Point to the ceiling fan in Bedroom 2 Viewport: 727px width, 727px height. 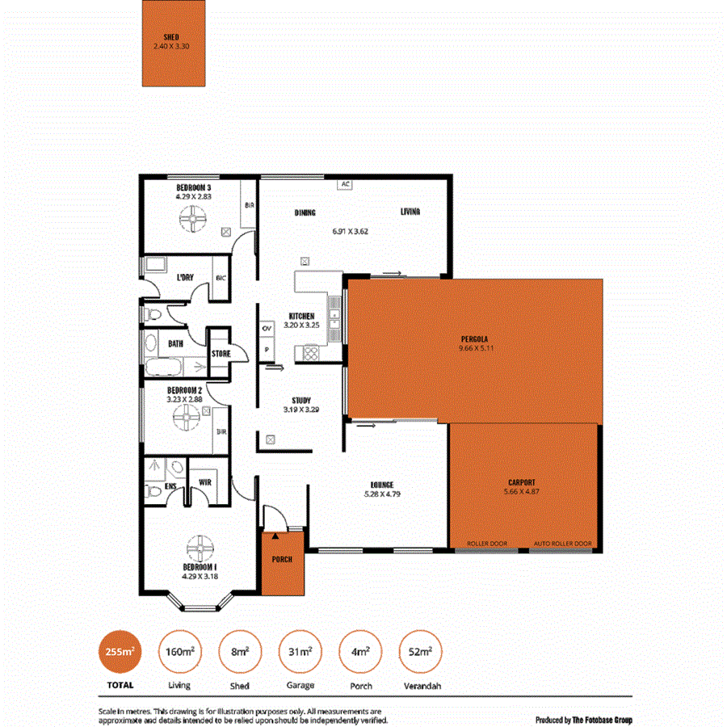[x=185, y=417]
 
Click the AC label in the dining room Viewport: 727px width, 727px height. [x=345, y=184]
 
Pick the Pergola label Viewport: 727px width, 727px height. [x=475, y=338]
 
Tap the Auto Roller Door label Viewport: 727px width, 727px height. [x=562, y=544]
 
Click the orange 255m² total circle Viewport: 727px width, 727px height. [x=116, y=651]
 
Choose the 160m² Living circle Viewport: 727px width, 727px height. [x=179, y=651]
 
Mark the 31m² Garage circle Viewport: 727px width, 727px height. [x=298, y=651]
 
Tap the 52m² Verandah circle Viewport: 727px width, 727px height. [x=420, y=651]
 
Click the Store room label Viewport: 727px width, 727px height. [x=221, y=354]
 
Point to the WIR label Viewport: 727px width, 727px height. [x=204, y=483]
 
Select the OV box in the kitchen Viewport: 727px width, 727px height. [x=266, y=329]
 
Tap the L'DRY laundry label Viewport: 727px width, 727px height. [x=185, y=278]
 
